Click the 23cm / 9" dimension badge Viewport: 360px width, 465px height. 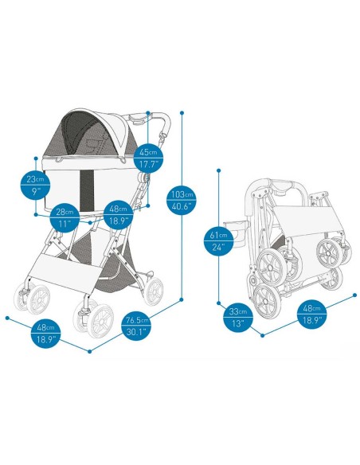[x=35, y=185]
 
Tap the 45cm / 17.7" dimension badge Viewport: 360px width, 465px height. [x=149, y=158]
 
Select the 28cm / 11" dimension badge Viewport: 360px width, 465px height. [x=65, y=218]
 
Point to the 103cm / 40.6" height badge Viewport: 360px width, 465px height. [x=182, y=200]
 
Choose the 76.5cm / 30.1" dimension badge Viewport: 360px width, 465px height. [x=137, y=326]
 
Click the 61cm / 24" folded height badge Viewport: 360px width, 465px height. [x=219, y=240]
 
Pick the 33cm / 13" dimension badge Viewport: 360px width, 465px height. [x=238, y=317]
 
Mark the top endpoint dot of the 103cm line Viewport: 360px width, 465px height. [x=182, y=113]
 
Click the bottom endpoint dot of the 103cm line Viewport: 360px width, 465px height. [x=182, y=299]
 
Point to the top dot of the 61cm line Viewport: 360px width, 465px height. [x=219, y=170]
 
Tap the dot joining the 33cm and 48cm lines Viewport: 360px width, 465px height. [x=262, y=335]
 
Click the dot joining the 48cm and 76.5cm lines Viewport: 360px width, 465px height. [x=90, y=351]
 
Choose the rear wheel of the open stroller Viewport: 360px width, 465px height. [x=154, y=291]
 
